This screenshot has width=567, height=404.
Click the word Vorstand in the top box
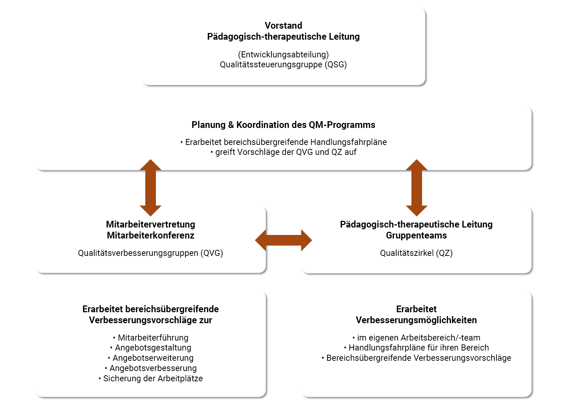tap(283, 26)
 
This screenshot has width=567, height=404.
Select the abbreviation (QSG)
tap(336, 64)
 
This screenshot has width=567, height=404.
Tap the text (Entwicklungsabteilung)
tap(283, 55)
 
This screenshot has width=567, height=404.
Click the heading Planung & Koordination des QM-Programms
tap(283, 125)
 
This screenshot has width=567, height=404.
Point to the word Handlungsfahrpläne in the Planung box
tap(348, 142)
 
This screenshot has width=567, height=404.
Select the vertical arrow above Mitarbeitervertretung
tap(151, 187)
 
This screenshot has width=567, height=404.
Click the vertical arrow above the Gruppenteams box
tap(416, 187)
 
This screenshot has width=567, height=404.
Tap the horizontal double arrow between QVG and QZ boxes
tap(283, 240)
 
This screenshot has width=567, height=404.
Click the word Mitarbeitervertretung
tap(151, 224)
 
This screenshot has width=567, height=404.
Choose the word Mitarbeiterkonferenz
tap(151, 235)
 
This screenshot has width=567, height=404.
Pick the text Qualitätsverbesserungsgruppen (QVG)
tap(151, 253)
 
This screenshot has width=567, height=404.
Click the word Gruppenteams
tap(416, 235)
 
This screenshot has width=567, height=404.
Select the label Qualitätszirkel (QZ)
tap(416, 253)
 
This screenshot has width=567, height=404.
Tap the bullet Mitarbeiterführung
tap(153, 338)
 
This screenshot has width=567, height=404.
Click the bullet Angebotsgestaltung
tap(153, 348)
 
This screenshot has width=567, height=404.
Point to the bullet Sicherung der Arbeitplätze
tap(153, 378)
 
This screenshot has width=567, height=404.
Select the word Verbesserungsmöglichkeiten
tap(416, 320)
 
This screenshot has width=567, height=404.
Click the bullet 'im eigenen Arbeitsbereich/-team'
tap(419, 338)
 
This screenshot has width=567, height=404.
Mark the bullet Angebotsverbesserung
tap(153, 368)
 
